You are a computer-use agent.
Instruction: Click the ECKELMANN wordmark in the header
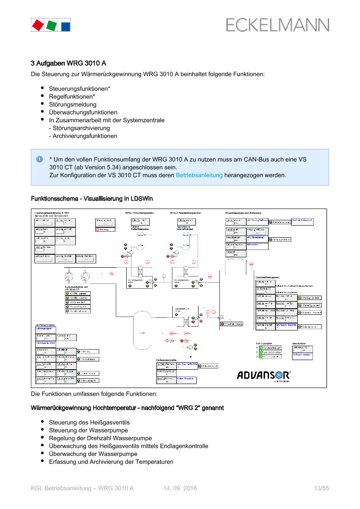tap(277, 25)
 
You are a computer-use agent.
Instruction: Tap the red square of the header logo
tap(37, 25)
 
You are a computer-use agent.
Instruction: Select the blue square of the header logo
tap(65, 25)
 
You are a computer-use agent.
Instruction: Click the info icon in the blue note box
tap(39, 159)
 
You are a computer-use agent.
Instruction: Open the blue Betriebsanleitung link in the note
tap(199, 175)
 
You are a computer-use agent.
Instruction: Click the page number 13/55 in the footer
tap(321, 489)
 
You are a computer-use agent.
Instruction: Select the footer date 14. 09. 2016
tap(180, 489)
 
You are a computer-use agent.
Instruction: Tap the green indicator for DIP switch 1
tap(261, 348)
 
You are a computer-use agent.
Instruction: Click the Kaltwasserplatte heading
tap(166, 360)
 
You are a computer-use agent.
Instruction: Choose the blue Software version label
tap(302, 355)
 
